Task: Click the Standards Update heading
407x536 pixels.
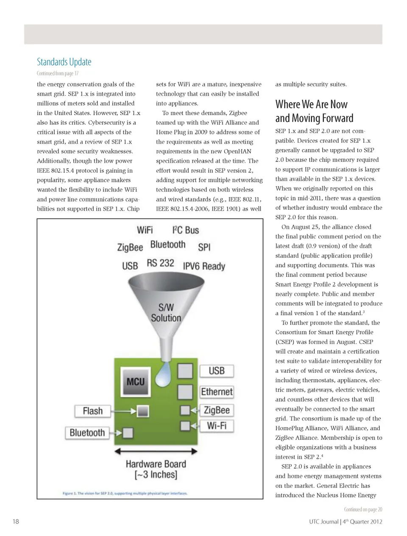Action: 64,62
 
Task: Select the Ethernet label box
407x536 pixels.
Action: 217,392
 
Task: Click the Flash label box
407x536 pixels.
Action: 92,411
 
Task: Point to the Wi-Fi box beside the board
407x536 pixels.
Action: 217,425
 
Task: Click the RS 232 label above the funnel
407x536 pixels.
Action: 160,263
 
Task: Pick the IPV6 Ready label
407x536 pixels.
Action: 204,266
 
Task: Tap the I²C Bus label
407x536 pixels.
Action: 185,230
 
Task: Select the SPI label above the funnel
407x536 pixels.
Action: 204,247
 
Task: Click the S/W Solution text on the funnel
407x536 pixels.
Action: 166,313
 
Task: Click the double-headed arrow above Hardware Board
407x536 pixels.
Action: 156,452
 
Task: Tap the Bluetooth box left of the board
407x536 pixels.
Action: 87,433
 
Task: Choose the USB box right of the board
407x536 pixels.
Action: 216,371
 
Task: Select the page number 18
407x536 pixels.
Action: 16,522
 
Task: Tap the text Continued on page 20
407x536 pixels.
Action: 363,509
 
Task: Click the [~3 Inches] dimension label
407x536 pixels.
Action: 156,475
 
